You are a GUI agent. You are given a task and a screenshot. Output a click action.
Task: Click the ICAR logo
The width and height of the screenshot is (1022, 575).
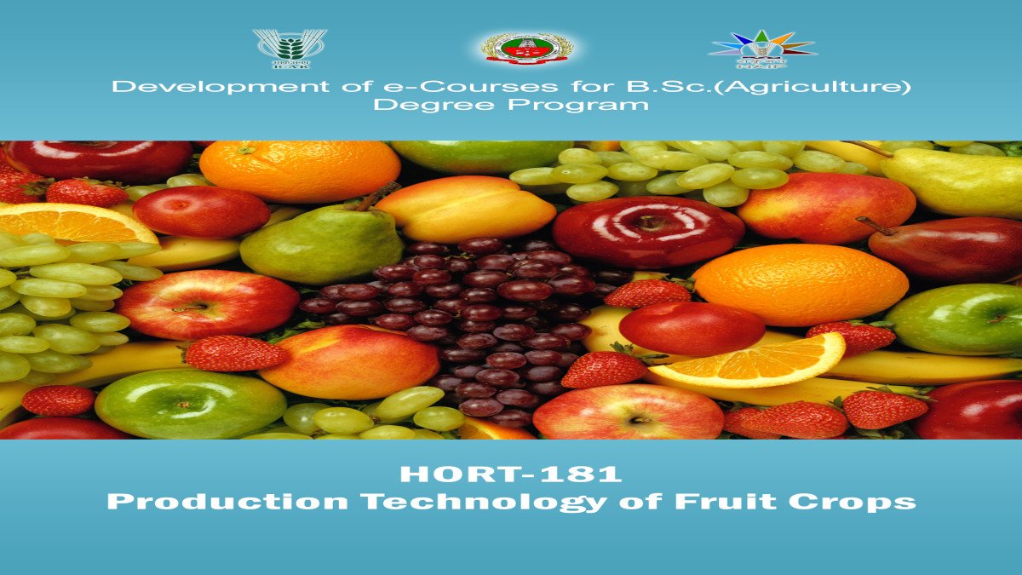tap(290, 48)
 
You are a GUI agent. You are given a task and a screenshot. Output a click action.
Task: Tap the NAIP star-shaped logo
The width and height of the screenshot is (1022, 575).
tap(762, 48)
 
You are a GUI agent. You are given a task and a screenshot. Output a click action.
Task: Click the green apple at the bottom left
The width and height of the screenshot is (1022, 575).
tap(189, 403)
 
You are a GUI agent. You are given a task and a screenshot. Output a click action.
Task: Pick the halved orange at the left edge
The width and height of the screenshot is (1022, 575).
tap(72, 225)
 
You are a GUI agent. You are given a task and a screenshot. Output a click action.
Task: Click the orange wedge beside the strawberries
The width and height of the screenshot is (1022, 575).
tap(749, 360)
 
